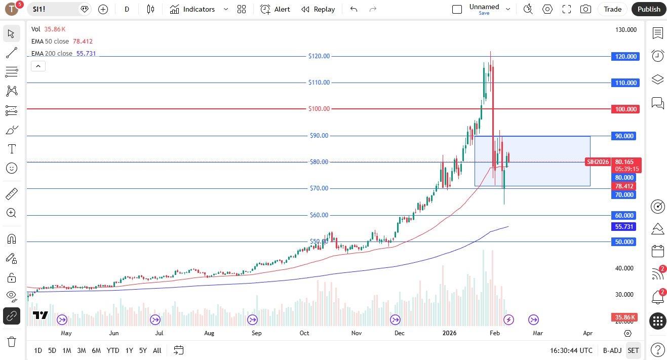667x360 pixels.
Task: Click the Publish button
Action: point(649,9)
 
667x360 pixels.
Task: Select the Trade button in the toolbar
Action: point(612,9)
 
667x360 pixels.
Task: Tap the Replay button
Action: point(318,9)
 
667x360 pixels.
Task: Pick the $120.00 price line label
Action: point(319,56)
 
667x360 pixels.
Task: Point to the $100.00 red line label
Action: point(319,109)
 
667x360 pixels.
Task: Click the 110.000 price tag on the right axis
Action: point(625,83)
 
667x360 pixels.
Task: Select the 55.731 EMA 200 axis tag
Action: point(624,227)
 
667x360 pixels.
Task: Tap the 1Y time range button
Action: point(129,350)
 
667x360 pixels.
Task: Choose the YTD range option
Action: point(113,350)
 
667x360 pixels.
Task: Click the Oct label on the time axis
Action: point(304,333)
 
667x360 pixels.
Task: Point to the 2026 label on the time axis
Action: point(449,333)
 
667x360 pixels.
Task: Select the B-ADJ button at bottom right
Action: point(612,350)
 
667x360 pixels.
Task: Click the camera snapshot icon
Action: point(585,9)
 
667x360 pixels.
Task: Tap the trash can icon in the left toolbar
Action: point(11,341)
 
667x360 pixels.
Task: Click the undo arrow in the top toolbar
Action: point(354,9)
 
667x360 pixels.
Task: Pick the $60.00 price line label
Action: point(319,215)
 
